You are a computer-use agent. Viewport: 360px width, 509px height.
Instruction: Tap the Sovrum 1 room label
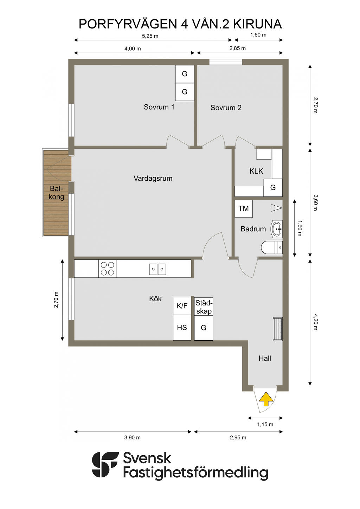tap(159, 107)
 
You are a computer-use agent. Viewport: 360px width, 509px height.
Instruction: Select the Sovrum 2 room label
tap(226, 108)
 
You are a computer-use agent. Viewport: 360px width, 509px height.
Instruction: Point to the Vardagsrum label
tap(153, 178)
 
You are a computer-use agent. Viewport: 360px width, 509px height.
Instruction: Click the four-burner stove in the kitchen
tap(107, 268)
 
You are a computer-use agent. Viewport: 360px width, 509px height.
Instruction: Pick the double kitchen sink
tap(157, 269)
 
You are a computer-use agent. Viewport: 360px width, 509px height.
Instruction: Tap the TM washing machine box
tap(244, 208)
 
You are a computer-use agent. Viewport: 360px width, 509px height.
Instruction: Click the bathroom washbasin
tap(276, 229)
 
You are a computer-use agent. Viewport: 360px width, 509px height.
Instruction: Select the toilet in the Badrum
tap(272, 247)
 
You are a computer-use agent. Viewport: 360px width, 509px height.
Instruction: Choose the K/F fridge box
tap(182, 306)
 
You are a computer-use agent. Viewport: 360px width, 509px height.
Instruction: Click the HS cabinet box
tap(182, 328)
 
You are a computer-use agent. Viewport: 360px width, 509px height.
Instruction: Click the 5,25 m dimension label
tap(150, 36)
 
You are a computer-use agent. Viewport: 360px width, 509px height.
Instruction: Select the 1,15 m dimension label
tap(265, 424)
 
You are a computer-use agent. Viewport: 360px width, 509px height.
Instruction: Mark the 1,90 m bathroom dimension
tap(300, 228)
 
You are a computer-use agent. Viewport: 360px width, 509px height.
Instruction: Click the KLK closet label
tap(256, 171)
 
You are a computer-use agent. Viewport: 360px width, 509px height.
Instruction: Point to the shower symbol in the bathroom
tap(277, 208)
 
